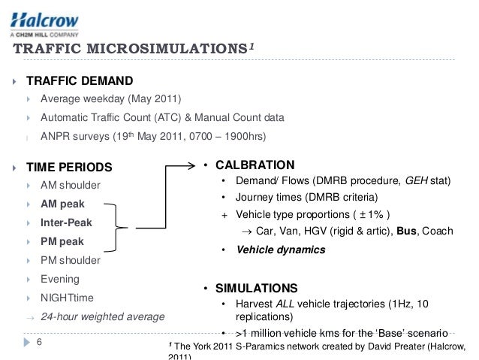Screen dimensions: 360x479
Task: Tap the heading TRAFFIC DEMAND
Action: [x=80, y=80]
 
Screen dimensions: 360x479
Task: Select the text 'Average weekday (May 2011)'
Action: [x=110, y=99]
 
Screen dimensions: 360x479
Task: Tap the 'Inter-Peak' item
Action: [x=66, y=222]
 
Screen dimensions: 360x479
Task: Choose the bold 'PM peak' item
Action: [x=62, y=242]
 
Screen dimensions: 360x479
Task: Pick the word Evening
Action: [x=61, y=280]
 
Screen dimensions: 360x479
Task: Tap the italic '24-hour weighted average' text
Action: [x=102, y=317]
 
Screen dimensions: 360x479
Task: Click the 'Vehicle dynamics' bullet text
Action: [x=281, y=250]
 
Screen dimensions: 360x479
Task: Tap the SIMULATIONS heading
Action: [x=257, y=289]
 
